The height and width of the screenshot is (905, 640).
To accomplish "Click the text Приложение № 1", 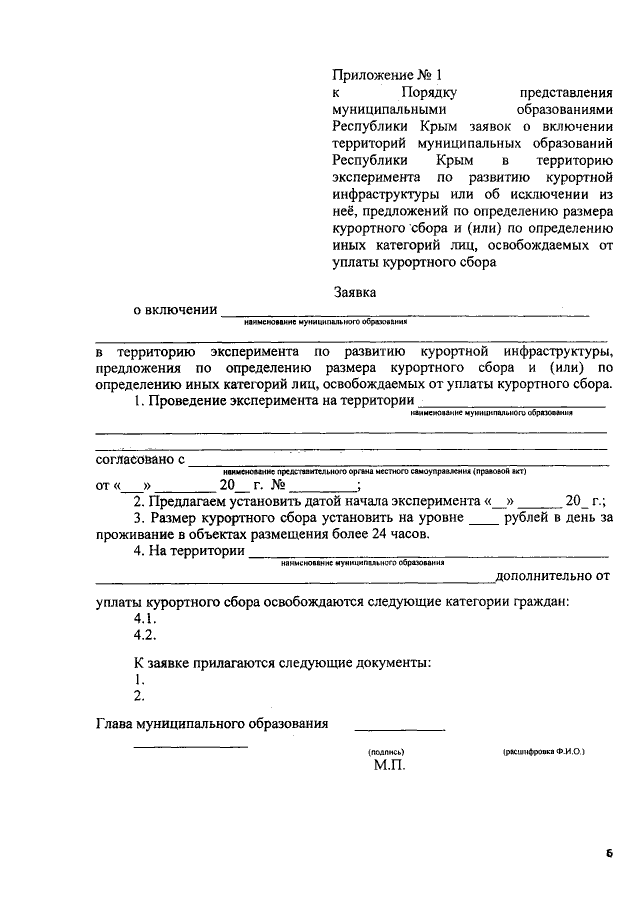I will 386,75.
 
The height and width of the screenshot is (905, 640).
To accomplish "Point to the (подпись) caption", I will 385,749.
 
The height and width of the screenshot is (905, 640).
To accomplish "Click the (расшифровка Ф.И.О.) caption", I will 543,749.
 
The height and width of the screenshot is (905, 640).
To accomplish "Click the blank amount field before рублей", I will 483,520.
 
